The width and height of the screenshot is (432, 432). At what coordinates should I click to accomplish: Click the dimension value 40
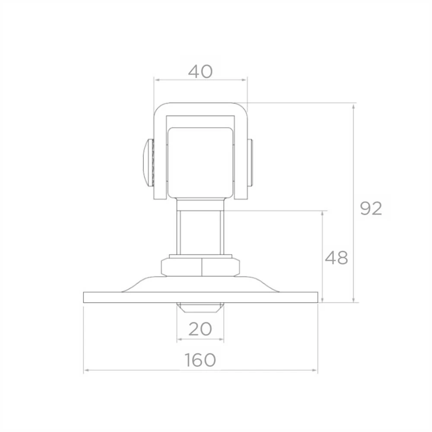click(200, 71)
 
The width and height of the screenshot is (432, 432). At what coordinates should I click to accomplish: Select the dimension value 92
click(371, 209)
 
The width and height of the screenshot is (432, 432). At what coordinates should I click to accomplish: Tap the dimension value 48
click(337, 258)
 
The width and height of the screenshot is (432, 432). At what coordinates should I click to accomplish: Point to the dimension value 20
click(200, 329)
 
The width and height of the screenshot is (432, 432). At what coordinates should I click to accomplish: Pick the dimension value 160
click(200, 360)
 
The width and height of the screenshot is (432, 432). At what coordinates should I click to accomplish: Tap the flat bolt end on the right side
click(250, 162)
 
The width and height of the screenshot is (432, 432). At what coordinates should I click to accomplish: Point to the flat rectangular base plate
click(200, 297)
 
